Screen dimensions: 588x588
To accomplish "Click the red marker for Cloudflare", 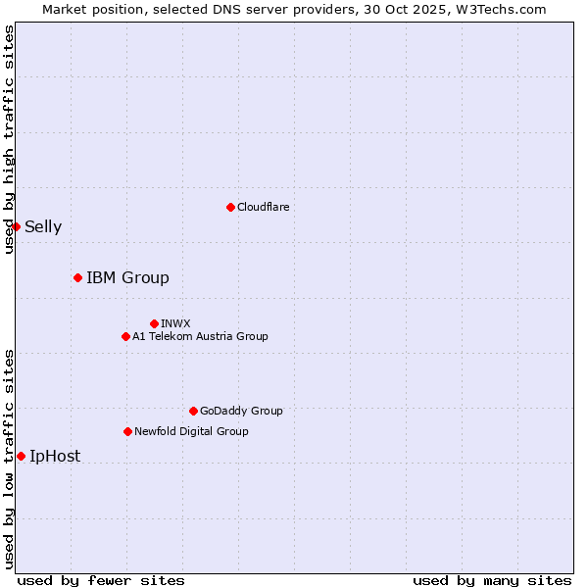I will click(230, 207).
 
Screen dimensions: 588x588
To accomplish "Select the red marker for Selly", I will click(16, 226).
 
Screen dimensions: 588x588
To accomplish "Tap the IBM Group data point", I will click(77, 277).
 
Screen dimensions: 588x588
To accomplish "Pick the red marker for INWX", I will click(154, 323).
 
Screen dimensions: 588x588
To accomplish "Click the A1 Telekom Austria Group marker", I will click(125, 336).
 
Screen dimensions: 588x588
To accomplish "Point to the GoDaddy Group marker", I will click(193, 411).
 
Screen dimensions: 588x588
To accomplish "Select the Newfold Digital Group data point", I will click(127, 431).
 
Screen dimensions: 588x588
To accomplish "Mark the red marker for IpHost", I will click(21, 456).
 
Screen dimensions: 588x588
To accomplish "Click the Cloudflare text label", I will click(264, 207).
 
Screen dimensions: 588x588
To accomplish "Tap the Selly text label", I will click(43, 227).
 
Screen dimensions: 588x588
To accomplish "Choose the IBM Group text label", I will click(127, 277).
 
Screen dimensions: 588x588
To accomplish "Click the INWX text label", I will click(175, 323).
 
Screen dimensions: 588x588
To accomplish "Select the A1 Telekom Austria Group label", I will click(200, 336).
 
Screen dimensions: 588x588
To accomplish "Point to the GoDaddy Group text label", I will click(241, 411).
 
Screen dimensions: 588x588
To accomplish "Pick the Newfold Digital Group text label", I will click(191, 431).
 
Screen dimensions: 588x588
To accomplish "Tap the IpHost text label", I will click(55, 457).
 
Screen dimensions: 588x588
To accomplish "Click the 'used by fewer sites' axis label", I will click(101, 580).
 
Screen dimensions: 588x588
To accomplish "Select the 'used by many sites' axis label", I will click(492, 580).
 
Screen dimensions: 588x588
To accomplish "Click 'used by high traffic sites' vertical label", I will click(9, 139).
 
